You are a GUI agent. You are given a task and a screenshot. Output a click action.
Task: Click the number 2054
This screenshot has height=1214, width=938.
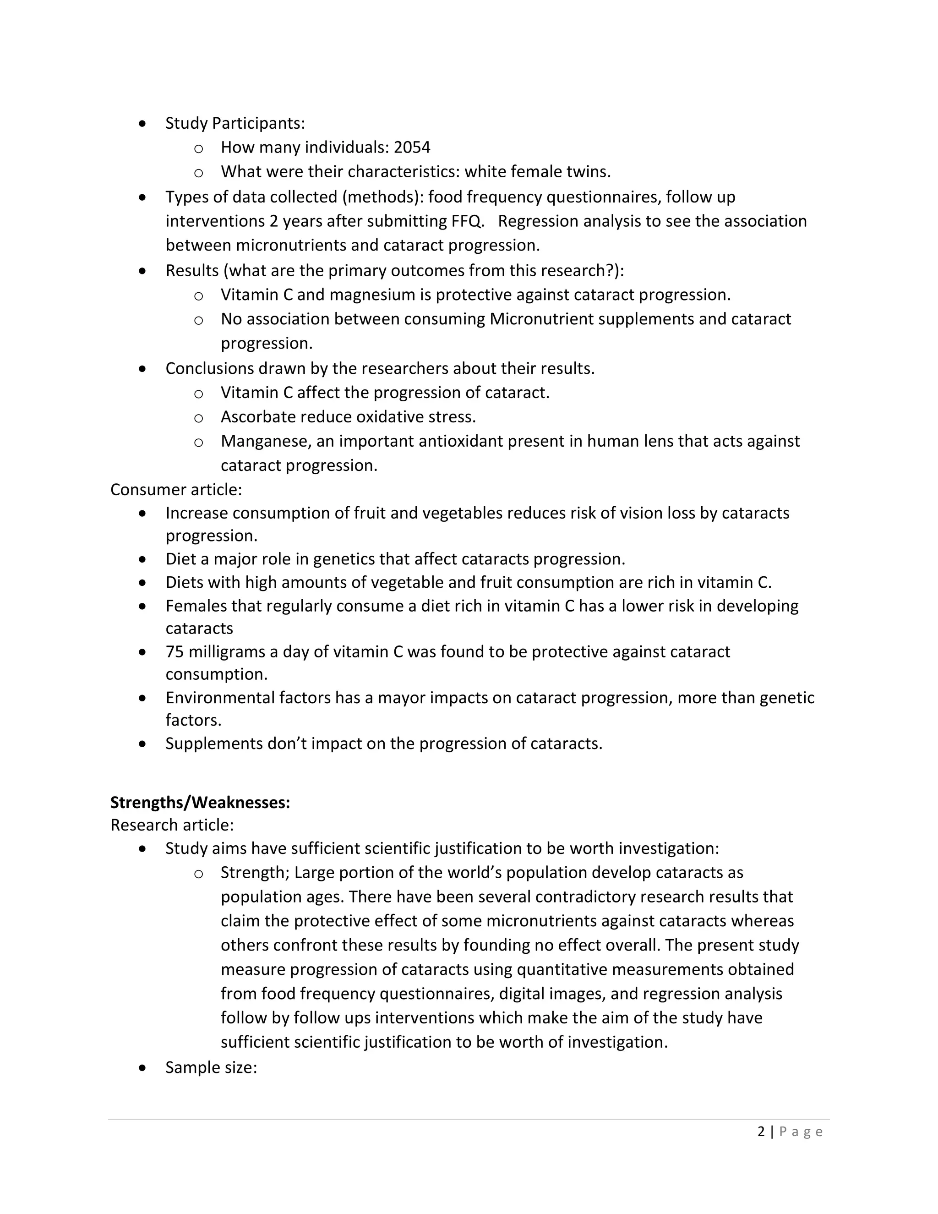click(412, 148)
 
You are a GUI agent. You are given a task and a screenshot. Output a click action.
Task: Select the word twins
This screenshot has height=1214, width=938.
click(588, 172)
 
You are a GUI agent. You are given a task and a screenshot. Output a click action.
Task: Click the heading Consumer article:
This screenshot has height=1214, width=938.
click(175, 490)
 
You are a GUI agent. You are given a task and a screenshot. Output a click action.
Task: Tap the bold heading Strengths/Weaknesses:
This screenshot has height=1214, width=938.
click(200, 803)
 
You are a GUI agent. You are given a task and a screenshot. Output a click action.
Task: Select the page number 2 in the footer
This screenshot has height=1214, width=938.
click(761, 1132)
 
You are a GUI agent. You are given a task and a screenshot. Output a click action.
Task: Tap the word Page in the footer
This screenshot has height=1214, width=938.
click(801, 1132)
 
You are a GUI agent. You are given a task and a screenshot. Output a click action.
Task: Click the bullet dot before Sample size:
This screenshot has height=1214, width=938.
click(143, 1068)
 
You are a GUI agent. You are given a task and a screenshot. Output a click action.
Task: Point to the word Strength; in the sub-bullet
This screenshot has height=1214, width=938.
click(255, 873)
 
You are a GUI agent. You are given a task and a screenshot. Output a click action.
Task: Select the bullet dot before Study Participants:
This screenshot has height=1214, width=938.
click(143, 123)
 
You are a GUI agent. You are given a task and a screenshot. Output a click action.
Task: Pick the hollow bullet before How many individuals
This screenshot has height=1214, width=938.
click(198, 148)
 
